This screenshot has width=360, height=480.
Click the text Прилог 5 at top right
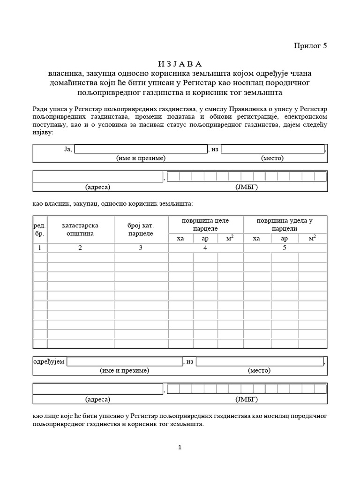click(x=309, y=45)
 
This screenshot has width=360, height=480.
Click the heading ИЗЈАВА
click(x=179, y=64)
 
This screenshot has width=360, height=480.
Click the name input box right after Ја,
click(x=141, y=149)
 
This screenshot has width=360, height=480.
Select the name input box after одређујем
click(x=125, y=361)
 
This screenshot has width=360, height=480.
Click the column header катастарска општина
click(x=80, y=229)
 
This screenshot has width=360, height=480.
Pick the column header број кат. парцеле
click(x=141, y=229)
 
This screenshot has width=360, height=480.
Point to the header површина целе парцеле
click(x=205, y=225)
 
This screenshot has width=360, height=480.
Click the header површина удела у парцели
click(x=285, y=225)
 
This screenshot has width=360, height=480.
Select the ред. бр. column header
click(x=40, y=229)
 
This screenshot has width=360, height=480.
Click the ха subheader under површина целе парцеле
click(x=180, y=239)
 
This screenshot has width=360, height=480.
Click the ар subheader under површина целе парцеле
click(x=205, y=239)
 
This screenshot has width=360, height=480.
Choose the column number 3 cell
click(x=141, y=248)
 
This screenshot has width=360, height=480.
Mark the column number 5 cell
click(x=285, y=248)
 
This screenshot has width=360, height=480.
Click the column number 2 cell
click(x=80, y=248)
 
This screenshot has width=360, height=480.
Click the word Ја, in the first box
click(x=67, y=149)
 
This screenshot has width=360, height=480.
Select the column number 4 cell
click(x=205, y=248)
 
